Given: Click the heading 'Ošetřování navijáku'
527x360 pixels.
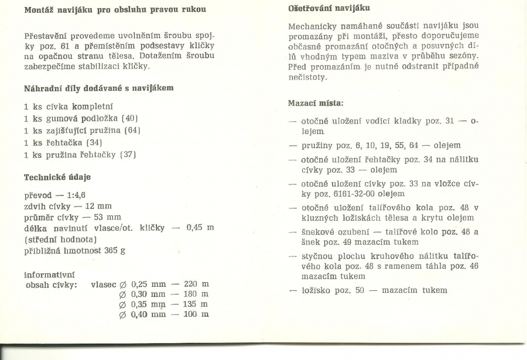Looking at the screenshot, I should (328, 8).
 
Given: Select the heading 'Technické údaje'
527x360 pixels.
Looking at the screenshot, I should (57, 177).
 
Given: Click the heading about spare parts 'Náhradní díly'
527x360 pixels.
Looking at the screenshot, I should (98, 88).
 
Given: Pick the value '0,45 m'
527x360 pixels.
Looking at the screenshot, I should (200, 228).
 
